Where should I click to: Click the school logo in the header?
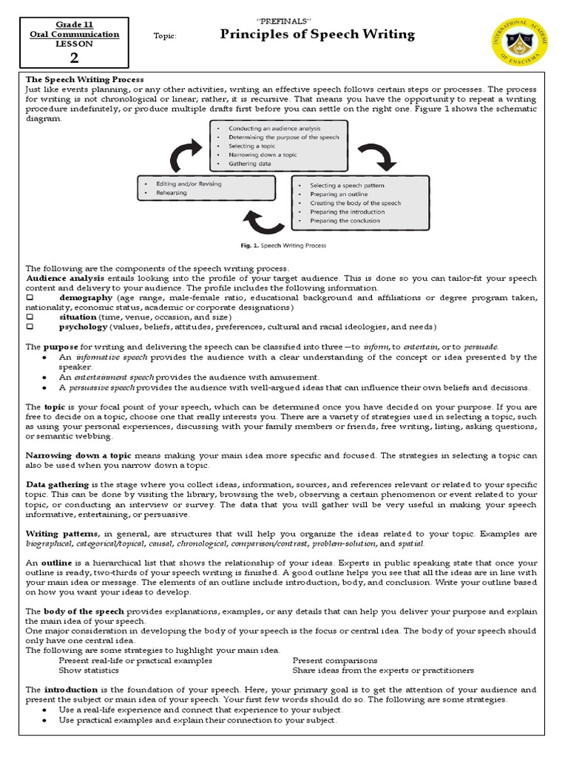pyautogui.click(x=521, y=44)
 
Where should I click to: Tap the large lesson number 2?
pyautogui.click(x=74, y=58)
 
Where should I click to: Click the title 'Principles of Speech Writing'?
pyautogui.click(x=318, y=35)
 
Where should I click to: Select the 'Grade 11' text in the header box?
pyautogui.click(x=74, y=24)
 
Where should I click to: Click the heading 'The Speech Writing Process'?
pyautogui.click(x=85, y=79)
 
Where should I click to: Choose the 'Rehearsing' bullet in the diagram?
pyautogui.click(x=171, y=193)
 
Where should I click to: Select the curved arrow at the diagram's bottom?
pyautogui.click(x=264, y=220)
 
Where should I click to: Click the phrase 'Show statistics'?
pyautogui.click(x=89, y=671)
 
